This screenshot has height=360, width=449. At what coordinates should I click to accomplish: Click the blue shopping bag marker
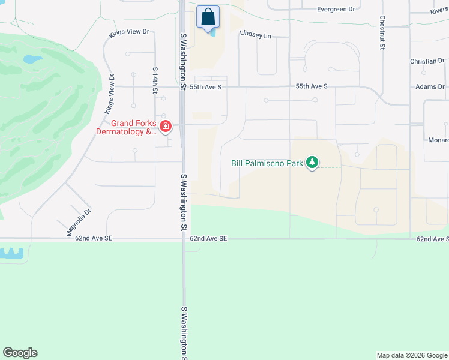pyautogui.click(x=208, y=18)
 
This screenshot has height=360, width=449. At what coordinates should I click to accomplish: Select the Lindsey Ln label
pyautogui.click(x=255, y=35)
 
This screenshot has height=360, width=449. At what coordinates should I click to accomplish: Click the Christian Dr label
pyautogui.click(x=427, y=61)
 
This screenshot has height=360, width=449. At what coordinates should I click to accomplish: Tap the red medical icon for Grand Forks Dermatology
pyautogui.click(x=165, y=127)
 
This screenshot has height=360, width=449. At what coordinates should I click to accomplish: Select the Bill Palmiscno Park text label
pyautogui.click(x=268, y=163)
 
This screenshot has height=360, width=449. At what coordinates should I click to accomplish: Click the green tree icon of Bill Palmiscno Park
pyautogui.click(x=312, y=163)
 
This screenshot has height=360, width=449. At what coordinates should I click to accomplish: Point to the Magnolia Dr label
pyautogui.click(x=79, y=221)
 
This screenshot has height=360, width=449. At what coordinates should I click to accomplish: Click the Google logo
pyautogui.click(x=20, y=353)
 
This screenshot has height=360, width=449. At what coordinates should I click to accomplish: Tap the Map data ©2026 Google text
pyautogui.click(x=412, y=355)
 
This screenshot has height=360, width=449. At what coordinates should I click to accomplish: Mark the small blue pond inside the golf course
pyautogui.click(x=33, y=59)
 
